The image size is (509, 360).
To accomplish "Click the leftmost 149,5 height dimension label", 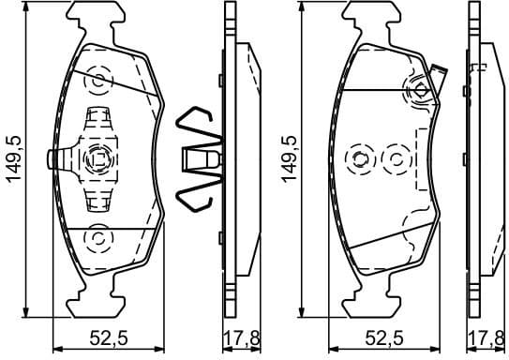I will (x=13, y=158).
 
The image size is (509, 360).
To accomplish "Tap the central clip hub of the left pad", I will (x=97, y=159).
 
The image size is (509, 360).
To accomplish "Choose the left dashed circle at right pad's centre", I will (x=359, y=158).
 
